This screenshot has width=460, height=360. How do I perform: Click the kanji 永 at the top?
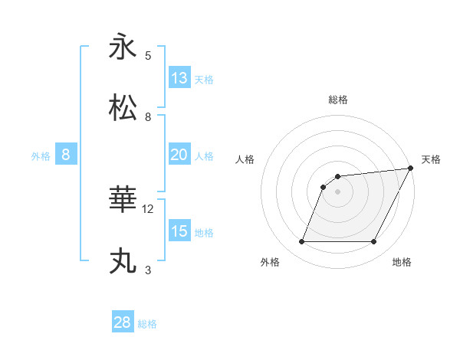123,47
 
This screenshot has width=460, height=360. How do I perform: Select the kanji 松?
123,108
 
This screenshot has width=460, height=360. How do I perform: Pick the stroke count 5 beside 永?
148,55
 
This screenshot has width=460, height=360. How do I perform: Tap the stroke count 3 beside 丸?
148,270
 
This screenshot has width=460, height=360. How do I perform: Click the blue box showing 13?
179,78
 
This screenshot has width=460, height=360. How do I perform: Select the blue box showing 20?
179,155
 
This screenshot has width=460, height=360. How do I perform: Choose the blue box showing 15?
179,231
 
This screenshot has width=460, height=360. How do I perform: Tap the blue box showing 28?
123,322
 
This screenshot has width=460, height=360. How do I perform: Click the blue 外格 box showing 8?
66,155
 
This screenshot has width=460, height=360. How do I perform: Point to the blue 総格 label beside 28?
147,324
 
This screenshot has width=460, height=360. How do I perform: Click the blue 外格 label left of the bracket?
41,156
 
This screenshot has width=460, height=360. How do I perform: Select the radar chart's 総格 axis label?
337,100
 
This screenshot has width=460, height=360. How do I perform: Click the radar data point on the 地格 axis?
374,242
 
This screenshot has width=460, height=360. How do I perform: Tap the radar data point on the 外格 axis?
301,242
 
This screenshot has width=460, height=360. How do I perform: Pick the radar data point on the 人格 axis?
324,187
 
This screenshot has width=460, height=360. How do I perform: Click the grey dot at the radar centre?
337,191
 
